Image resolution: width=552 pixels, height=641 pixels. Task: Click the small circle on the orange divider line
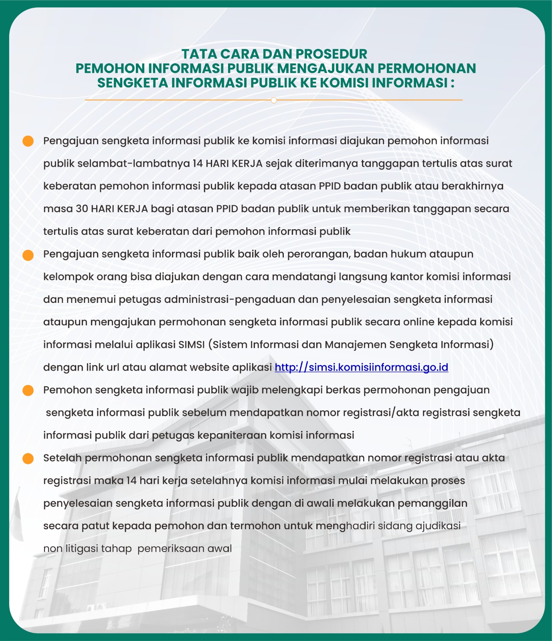274,100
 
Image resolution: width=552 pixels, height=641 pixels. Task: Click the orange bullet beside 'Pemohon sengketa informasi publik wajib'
28,391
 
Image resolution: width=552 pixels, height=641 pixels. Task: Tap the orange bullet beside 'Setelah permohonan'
28,459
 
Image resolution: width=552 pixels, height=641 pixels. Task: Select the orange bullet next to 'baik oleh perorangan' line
28,255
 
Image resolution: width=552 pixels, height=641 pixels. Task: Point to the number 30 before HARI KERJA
82,209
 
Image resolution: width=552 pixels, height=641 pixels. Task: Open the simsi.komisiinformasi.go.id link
361,367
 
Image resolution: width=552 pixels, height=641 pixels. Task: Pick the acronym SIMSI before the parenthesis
192,345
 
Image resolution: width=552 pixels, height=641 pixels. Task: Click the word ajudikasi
438,526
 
